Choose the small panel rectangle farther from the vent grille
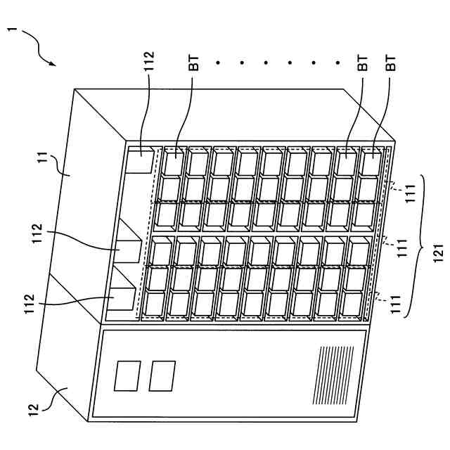click(x=127, y=375)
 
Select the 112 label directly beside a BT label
click(x=149, y=64)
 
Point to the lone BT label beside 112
click(x=193, y=64)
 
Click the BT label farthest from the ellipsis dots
click(x=392, y=64)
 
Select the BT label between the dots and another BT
click(x=362, y=64)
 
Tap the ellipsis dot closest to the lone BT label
click(x=218, y=64)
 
